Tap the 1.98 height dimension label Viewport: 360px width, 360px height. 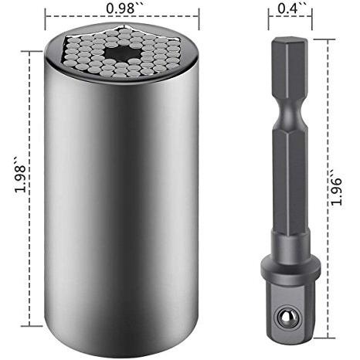pos(20,175)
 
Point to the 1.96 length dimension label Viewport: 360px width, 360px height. pos(336,188)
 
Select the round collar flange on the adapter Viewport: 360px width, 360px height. pos(290,269)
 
